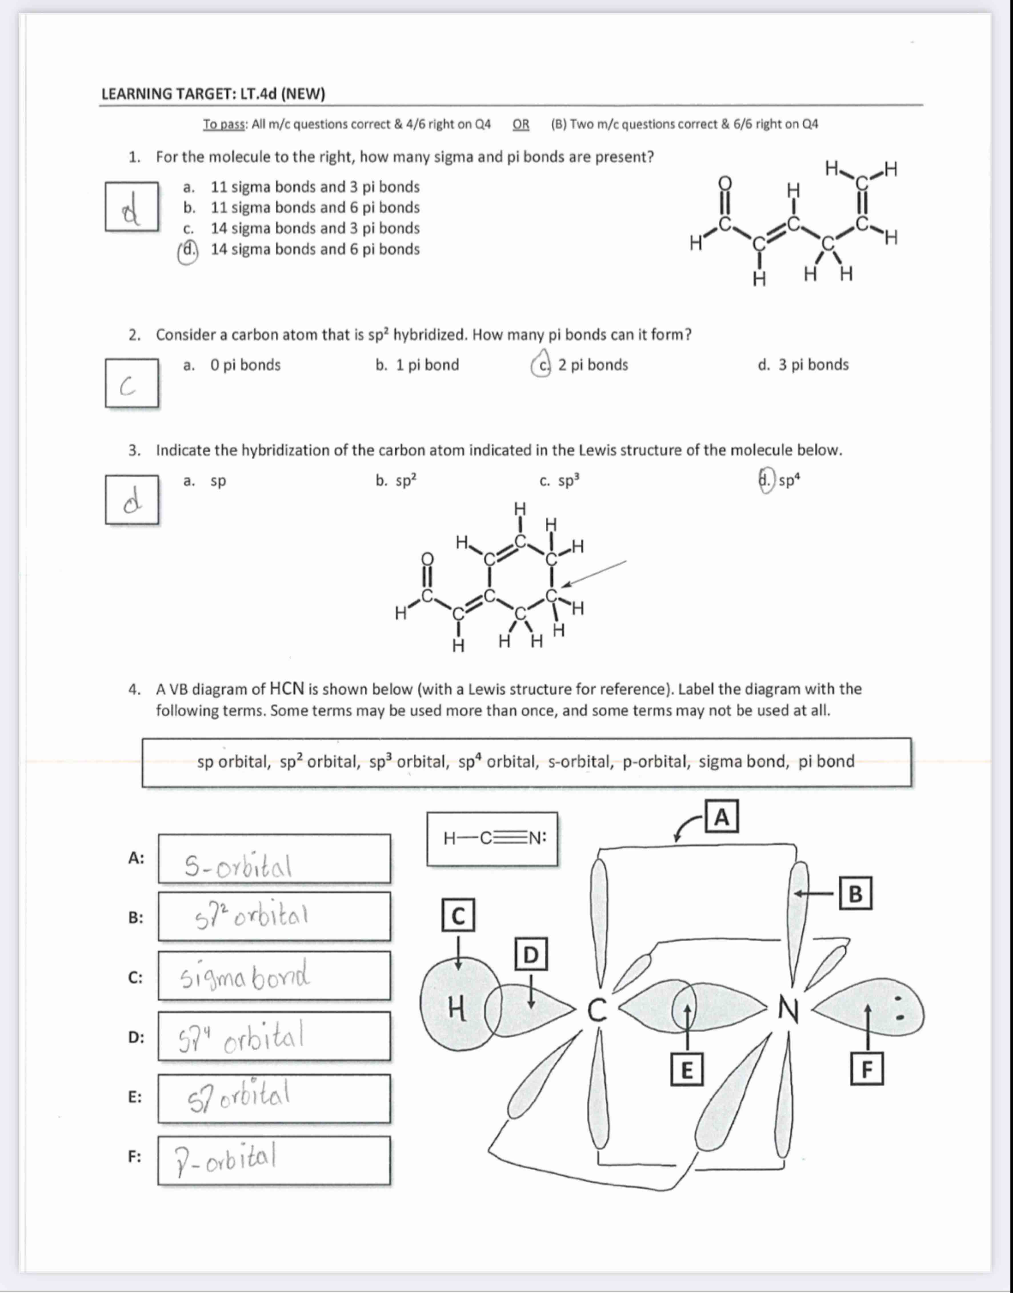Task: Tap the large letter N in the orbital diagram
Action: (789, 1010)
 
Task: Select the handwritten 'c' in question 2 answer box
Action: (127, 387)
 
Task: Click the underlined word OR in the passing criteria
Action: (521, 125)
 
